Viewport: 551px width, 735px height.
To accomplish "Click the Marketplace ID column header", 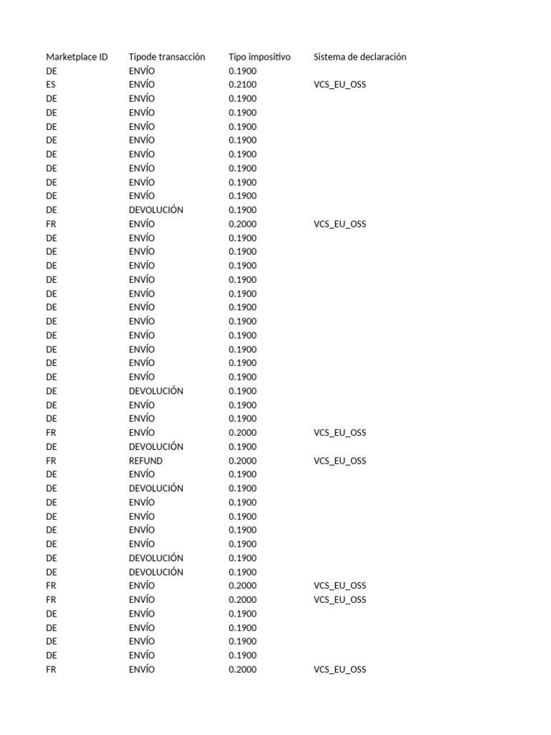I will (x=77, y=57).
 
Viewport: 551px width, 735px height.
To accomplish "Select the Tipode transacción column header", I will (x=166, y=57).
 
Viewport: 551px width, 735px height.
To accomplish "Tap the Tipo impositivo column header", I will (x=259, y=57).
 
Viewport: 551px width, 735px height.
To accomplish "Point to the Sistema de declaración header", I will (x=359, y=57).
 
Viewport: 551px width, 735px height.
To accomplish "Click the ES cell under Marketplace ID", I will (x=51, y=85).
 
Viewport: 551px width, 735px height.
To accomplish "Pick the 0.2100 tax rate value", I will (x=242, y=85).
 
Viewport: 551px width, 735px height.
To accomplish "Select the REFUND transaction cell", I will (x=146, y=461).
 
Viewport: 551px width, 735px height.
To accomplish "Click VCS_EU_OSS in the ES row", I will (x=339, y=85).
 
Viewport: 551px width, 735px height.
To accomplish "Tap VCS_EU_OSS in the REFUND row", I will (x=339, y=461).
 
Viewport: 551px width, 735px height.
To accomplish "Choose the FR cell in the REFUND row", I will (x=51, y=461).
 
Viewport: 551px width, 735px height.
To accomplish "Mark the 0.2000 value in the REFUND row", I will (x=242, y=461).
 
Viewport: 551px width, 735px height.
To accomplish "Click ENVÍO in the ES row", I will (x=141, y=85).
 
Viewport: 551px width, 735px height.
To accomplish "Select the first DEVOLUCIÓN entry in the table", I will (x=156, y=210).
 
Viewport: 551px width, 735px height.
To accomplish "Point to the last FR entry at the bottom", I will (x=51, y=670).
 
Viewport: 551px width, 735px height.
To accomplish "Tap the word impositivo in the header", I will (x=270, y=57).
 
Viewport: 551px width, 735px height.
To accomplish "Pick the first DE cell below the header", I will (x=51, y=71).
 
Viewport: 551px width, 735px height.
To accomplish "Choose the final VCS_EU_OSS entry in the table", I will (x=339, y=670).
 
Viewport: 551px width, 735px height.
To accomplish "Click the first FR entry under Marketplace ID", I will (x=51, y=224).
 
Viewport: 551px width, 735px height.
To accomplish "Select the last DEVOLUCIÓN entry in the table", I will (x=156, y=572).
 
